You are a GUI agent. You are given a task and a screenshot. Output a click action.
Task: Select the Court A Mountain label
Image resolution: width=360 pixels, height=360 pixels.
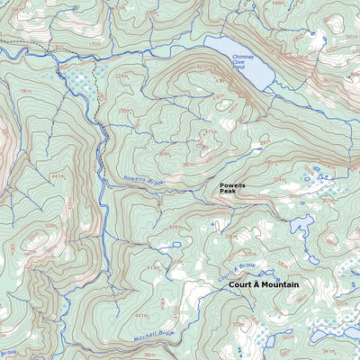point(264,284)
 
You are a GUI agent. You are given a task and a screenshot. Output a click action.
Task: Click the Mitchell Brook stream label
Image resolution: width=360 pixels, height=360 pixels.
point(154,334)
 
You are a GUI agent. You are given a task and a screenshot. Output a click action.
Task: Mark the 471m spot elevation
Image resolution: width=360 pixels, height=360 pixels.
point(210,132)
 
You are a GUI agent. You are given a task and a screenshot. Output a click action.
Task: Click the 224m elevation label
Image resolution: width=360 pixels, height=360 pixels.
point(123,76)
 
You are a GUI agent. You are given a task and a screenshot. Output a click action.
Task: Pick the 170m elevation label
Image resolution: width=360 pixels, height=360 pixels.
point(94,42)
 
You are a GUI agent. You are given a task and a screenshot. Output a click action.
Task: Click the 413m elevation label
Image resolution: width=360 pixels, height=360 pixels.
point(153,267)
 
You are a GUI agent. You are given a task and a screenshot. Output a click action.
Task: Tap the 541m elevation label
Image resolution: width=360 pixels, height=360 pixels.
point(327,350)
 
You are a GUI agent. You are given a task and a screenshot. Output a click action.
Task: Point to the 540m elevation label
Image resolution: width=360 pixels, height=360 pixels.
point(352,38)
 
